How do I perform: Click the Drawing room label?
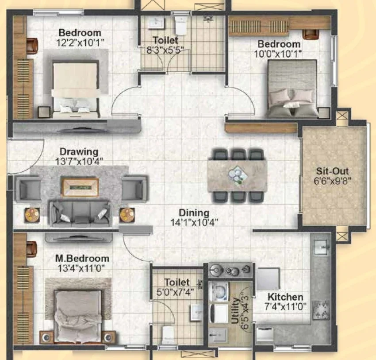coord(79,152)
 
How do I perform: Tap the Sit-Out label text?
coord(332,171)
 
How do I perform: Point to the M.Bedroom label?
coord(82,259)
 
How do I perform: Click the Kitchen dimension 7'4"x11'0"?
coord(285,306)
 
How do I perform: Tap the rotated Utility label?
coord(235,310)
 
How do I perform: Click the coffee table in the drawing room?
coord(80,187)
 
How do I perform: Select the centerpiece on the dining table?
coord(238,175)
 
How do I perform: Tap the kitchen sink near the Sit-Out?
coord(322,247)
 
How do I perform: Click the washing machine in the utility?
coord(219,291)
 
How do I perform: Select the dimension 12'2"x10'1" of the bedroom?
coord(80,43)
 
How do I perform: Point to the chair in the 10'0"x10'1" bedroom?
coord(311,34)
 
